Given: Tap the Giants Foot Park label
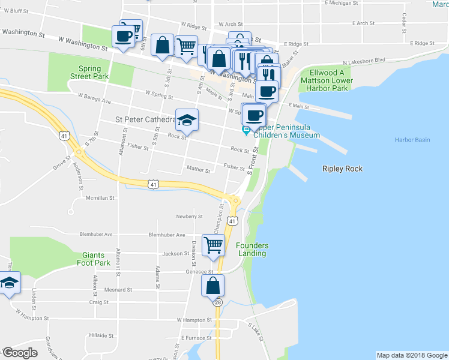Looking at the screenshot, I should coord(94,259).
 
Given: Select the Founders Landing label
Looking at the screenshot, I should coord(252,249).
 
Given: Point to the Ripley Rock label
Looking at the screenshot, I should coord(342,169).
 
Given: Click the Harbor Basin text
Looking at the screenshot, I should coord(412,140).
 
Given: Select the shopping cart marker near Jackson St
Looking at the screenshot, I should coord(213,244).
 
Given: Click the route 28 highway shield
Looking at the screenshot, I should coord(217,302).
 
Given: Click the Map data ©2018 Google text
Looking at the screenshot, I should coord(411,355).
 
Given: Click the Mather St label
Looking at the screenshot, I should coord(199,170).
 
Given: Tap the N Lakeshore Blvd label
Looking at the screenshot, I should coord(364,61).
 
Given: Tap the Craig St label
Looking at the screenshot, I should coord(99,302).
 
